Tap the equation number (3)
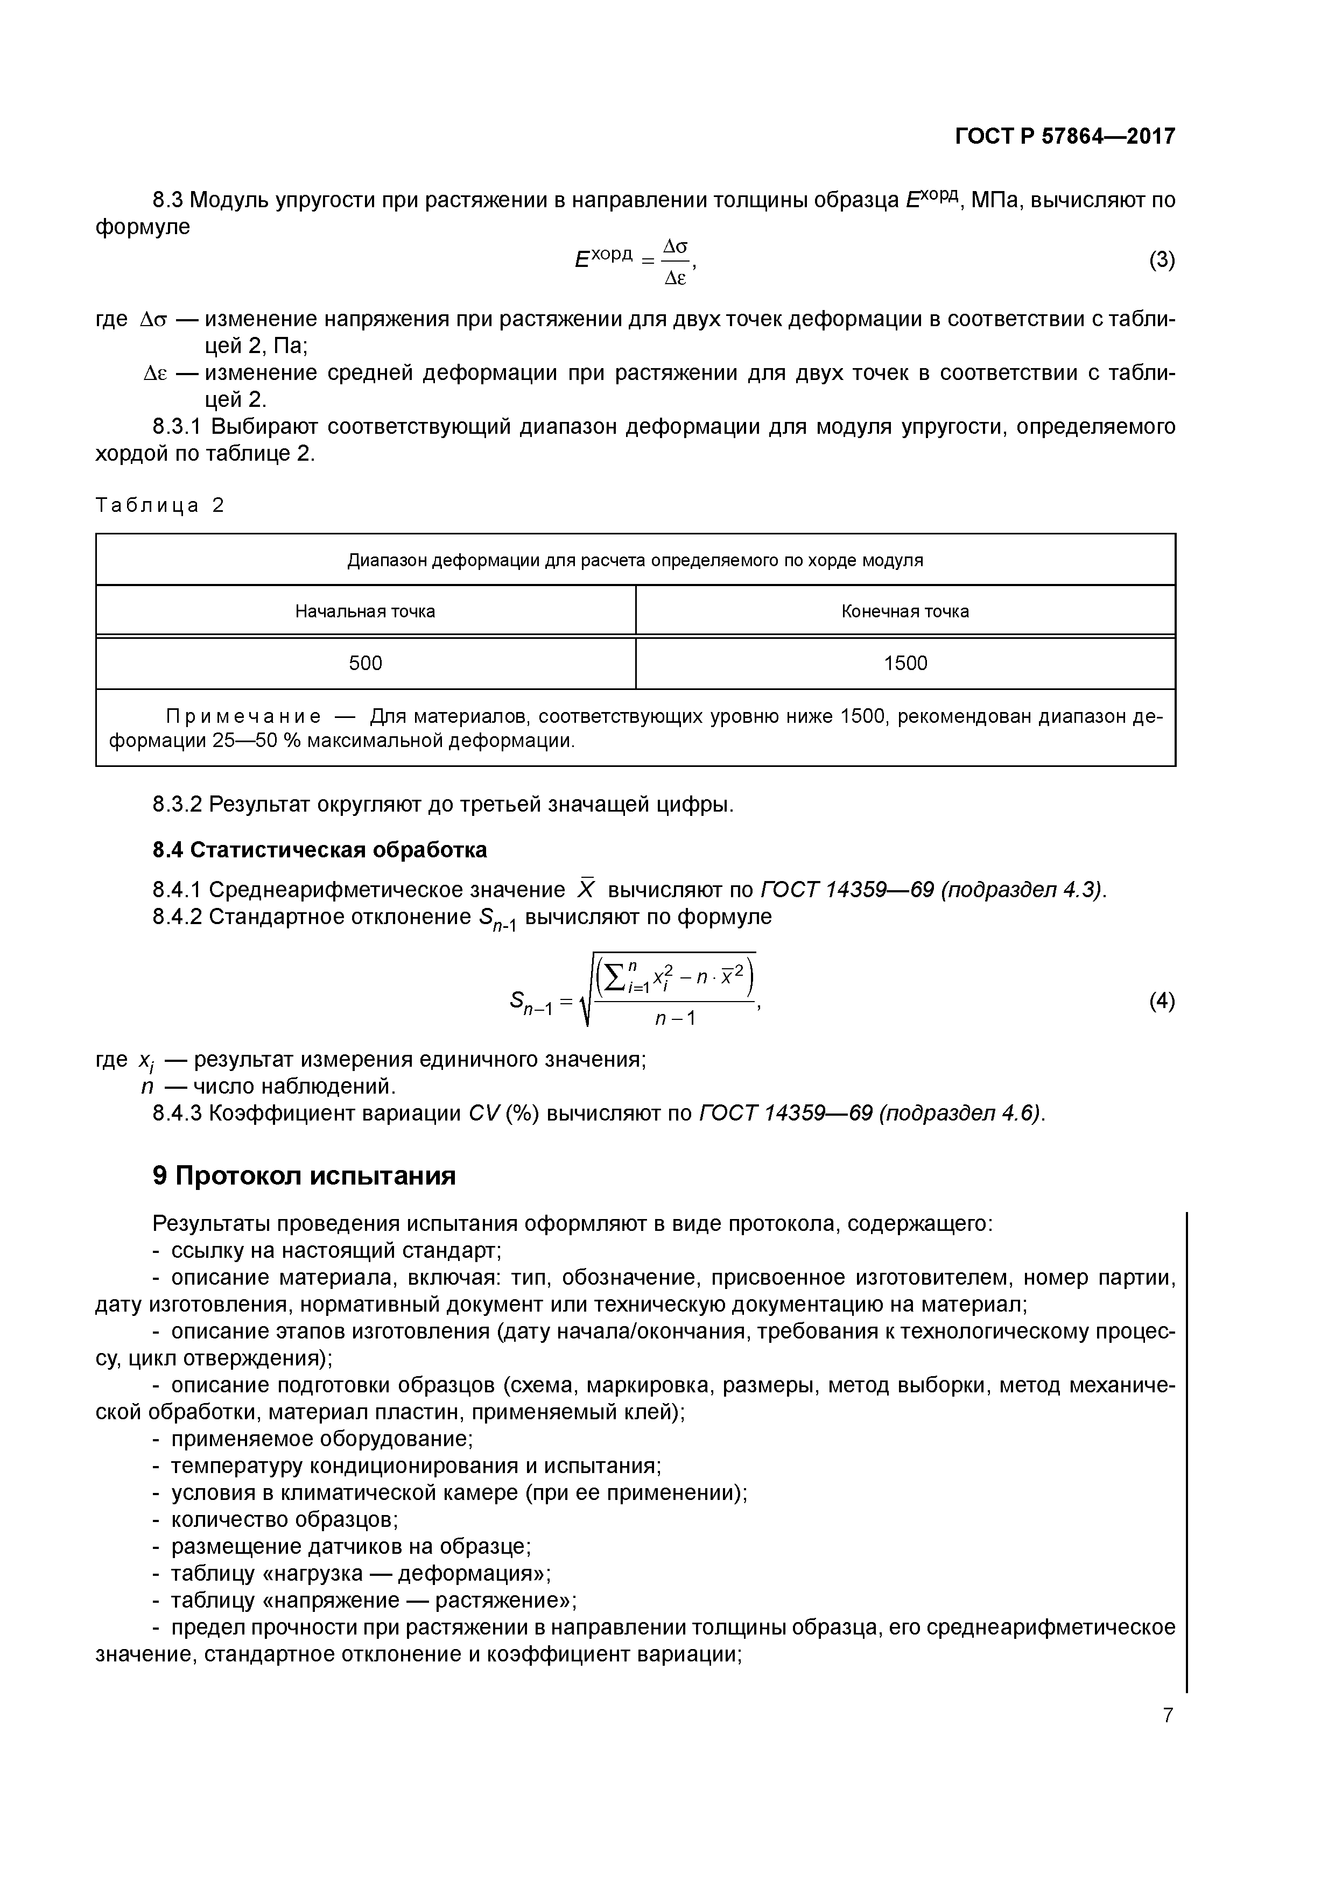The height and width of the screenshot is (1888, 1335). tap(1162, 260)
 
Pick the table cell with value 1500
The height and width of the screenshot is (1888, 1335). tap(905, 664)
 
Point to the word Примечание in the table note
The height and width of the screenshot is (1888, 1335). tap(243, 716)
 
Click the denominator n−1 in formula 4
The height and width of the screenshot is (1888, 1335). tap(676, 1019)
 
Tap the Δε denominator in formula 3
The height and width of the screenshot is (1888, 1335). tap(676, 279)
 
